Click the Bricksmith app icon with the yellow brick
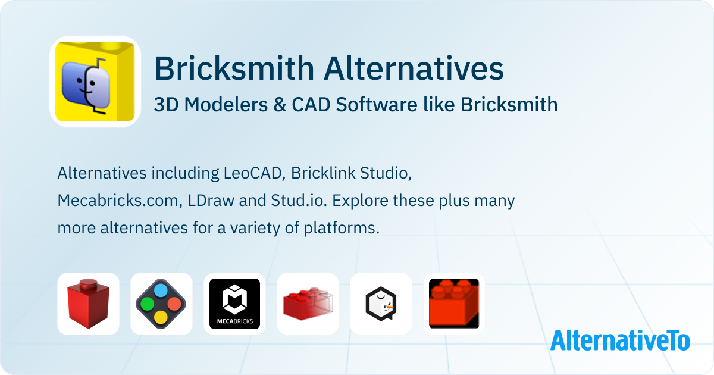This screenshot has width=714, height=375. click(95, 82)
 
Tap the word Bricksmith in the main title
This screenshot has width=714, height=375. click(234, 68)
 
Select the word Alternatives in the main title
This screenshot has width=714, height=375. click(414, 68)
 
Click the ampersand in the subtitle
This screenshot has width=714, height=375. click(280, 105)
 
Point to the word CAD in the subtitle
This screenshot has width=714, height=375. click(311, 105)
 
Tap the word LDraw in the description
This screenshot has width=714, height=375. click(211, 201)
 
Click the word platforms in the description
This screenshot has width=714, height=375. click(341, 229)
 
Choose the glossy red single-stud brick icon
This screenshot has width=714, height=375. click(88, 304)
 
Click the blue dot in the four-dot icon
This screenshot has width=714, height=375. click(161, 290)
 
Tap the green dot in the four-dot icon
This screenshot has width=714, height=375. click(148, 304)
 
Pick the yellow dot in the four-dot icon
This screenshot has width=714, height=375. click(161, 317)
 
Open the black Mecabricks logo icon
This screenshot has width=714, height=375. click(234, 304)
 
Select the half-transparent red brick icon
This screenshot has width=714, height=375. click(308, 304)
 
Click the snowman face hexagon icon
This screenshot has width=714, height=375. click(381, 304)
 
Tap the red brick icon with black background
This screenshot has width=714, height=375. click(454, 304)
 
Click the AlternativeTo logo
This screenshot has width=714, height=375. click(620, 340)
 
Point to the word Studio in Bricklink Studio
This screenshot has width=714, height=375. click(386, 173)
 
